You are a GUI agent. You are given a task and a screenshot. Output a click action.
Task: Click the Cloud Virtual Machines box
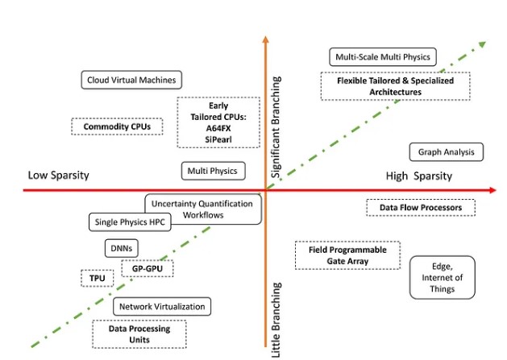coord(132,79)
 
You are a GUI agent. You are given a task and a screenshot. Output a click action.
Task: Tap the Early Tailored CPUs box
coord(218,122)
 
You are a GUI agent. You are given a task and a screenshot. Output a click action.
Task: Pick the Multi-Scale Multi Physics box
coord(383,56)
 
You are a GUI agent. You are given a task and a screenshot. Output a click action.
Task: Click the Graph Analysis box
coord(446,151)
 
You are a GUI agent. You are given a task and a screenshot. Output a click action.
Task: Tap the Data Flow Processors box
coord(420,208)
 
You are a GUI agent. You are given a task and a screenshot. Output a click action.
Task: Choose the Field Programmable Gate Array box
coord(347,255)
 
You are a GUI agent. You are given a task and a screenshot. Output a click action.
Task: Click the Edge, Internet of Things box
coord(443,278)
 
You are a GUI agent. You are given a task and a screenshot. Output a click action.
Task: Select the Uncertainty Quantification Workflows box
coord(204,209)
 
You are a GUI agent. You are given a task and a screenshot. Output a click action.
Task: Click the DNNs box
coord(121,249)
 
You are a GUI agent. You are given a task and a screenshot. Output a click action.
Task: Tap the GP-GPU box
coord(148,268)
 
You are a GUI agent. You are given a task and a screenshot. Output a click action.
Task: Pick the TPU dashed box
coord(97,278)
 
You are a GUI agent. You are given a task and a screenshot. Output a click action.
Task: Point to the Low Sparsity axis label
coord(58,176)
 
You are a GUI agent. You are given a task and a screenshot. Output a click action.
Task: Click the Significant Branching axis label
coord(276,126)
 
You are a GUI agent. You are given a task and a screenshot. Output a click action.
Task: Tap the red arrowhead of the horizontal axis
coord(491,190)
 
